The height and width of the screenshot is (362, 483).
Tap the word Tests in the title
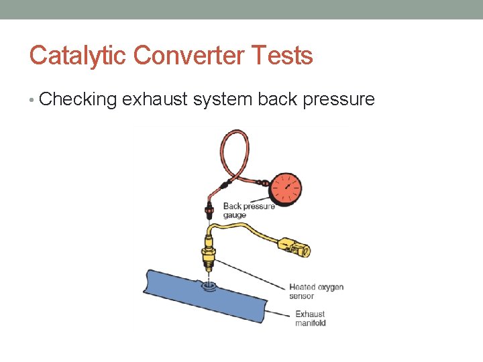coord(284,55)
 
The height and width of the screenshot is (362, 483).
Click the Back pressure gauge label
coord(248,210)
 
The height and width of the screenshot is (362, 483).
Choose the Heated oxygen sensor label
coord(316,292)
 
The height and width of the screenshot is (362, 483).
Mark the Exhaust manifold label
coord(310,318)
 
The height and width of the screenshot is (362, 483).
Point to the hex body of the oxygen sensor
coord(209,255)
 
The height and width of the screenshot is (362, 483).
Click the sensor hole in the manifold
coord(209,287)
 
